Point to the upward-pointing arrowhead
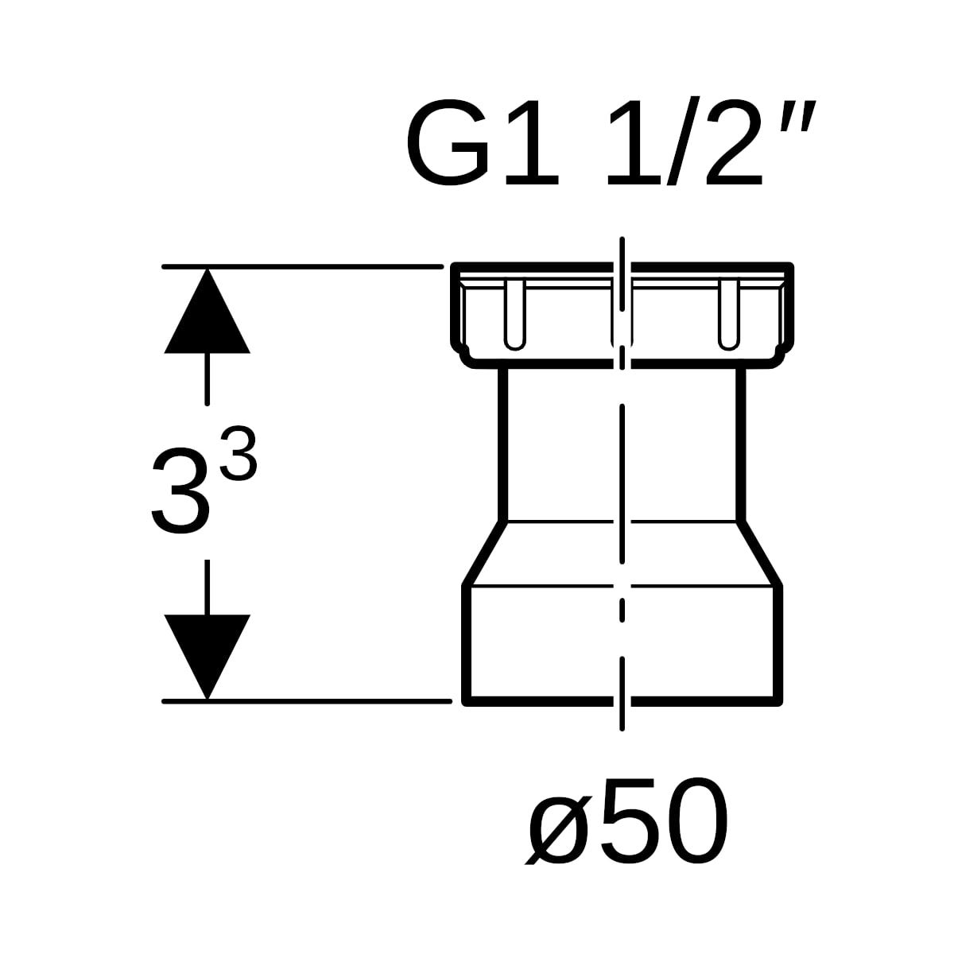coord(207,311)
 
